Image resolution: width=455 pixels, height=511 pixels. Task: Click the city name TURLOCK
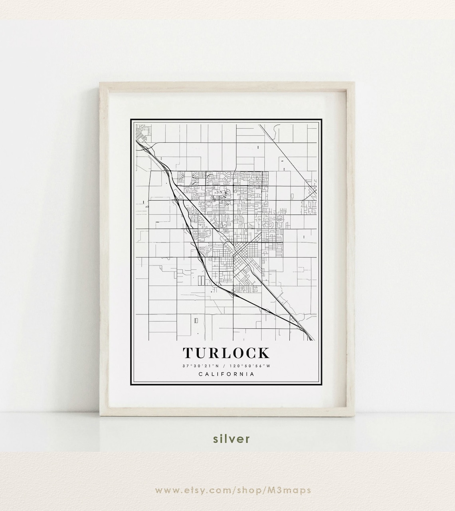point(226,353)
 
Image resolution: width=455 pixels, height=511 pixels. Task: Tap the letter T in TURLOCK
point(189,353)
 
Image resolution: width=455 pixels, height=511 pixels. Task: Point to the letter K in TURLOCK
point(264,353)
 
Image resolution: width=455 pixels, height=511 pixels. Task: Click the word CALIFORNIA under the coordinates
point(226,374)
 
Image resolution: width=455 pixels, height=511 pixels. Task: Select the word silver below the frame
point(231,438)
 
